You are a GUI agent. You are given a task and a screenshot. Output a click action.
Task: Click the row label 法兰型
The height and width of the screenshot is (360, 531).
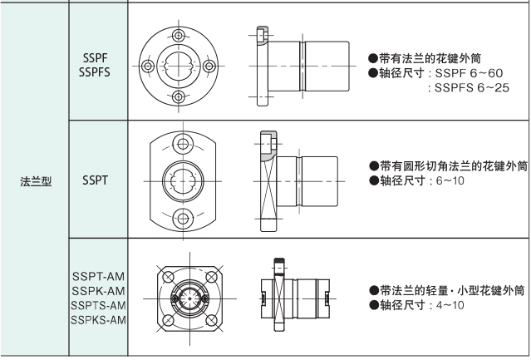click(36, 179)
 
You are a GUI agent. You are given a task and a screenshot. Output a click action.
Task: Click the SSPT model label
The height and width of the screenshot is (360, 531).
click(96, 179)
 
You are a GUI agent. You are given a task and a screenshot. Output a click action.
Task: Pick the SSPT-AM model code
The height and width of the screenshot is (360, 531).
click(99, 276)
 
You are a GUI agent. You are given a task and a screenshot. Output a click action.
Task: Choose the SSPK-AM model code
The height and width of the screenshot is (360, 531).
click(99, 290)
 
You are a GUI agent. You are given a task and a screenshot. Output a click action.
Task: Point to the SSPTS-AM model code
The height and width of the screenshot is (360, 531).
click(99, 304)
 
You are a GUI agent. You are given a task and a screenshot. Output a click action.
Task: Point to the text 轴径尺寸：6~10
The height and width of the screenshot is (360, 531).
click(414, 180)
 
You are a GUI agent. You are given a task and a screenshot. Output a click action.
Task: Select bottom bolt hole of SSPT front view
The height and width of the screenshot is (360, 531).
click(182, 218)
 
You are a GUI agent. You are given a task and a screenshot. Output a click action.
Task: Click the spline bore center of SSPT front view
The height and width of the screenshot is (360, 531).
click(182, 179)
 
